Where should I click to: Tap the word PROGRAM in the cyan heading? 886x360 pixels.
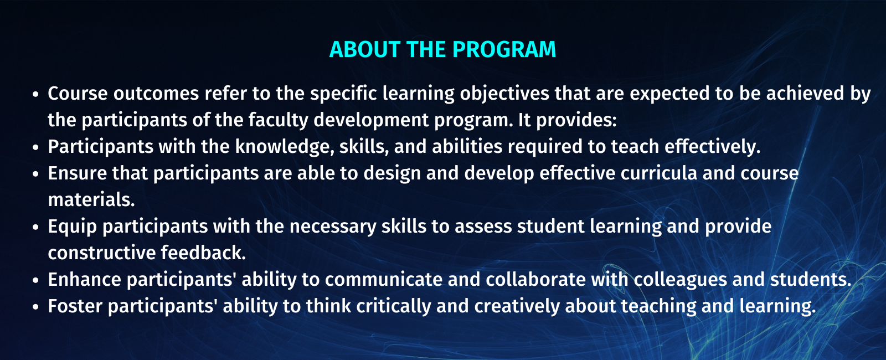tap(504, 49)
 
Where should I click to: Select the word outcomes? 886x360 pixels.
tap(156, 94)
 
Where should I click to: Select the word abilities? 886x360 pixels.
tap(467, 146)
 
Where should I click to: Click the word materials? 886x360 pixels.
tap(91, 200)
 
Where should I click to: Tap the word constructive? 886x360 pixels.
tap(102, 253)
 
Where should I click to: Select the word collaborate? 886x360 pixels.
tap(535, 279)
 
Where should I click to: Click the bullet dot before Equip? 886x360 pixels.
tap(35, 228)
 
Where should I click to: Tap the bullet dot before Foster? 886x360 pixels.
tap(35, 307)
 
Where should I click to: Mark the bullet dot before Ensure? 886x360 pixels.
tap(35, 174)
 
